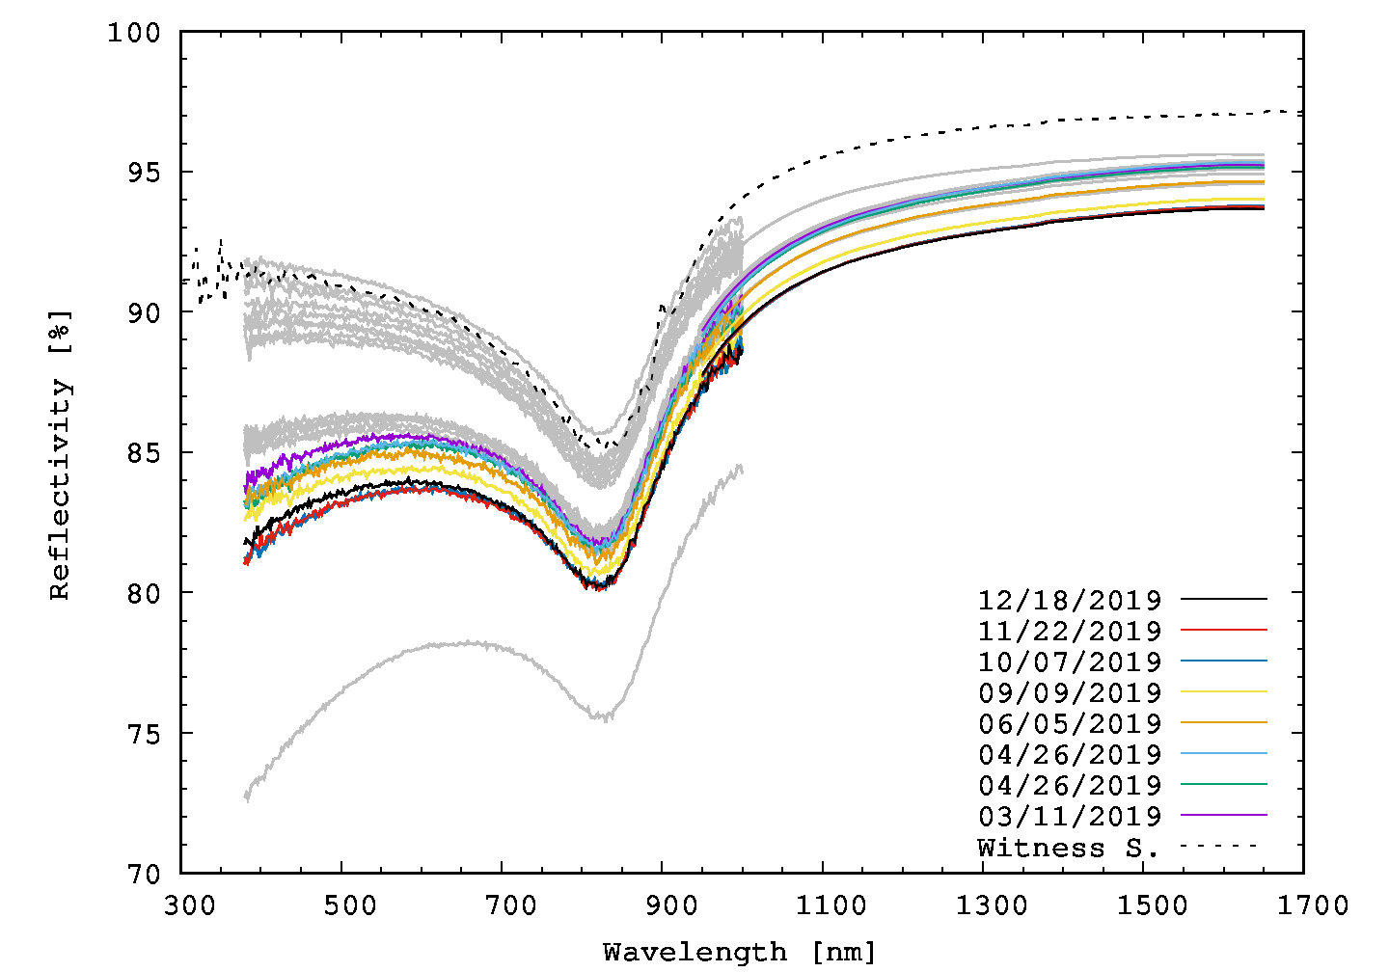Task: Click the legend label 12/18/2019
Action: [1070, 600]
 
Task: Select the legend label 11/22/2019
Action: [1070, 631]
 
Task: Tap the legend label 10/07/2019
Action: [1070, 661]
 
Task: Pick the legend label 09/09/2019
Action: [1070, 692]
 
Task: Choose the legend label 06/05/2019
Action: [1070, 723]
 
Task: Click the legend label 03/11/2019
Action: [1070, 816]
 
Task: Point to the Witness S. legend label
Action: [1068, 848]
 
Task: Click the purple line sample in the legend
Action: [1224, 815]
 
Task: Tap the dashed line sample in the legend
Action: [1222, 846]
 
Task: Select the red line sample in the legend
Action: [1224, 630]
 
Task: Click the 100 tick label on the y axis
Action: [136, 33]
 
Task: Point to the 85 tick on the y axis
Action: [181, 452]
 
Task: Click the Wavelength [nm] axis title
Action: [740, 953]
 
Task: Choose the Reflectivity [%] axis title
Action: [61, 454]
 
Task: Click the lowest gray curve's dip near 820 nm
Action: [599, 716]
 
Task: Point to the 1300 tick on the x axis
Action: [983, 873]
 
